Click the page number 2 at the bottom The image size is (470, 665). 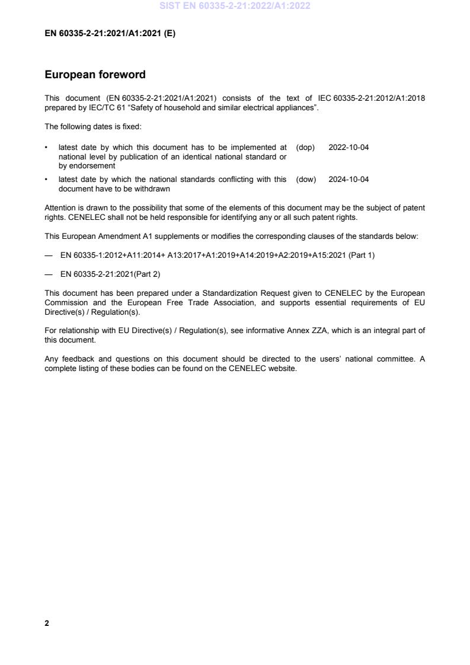(x=47, y=623)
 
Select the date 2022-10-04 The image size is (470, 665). (x=348, y=146)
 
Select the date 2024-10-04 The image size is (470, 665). (x=348, y=179)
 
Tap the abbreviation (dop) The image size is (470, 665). (x=305, y=146)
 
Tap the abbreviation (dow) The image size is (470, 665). (x=306, y=179)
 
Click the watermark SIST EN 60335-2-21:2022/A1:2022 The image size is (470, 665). (x=235, y=7)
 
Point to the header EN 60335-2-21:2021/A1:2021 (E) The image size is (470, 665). (x=110, y=33)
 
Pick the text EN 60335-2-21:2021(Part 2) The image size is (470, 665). (x=110, y=274)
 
